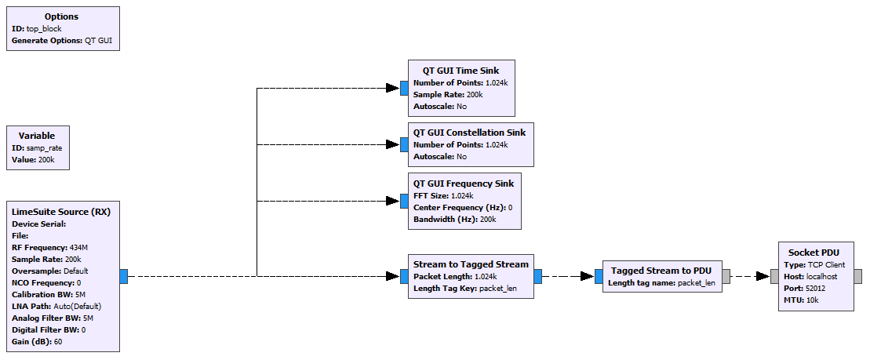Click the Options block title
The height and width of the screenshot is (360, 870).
pyautogui.click(x=63, y=16)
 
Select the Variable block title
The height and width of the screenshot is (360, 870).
pyautogui.click(x=37, y=135)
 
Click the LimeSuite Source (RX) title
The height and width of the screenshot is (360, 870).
pyautogui.click(x=61, y=212)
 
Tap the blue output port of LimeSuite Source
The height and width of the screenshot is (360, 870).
pyautogui.click(x=124, y=276)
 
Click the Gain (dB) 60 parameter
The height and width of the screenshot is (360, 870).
pyautogui.click(x=37, y=341)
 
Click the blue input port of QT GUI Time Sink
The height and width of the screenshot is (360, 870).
pyautogui.click(x=404, y=88)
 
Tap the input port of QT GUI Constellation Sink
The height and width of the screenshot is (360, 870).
pyautogui.click(x=404, y=144)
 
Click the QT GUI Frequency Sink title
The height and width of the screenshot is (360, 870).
pyautogui.click(x=464, y=184)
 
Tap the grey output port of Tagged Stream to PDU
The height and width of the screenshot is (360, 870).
pyautogui.click(x=726, y=276)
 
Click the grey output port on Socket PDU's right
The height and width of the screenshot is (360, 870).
pyautogui.click(x=857, y=276)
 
